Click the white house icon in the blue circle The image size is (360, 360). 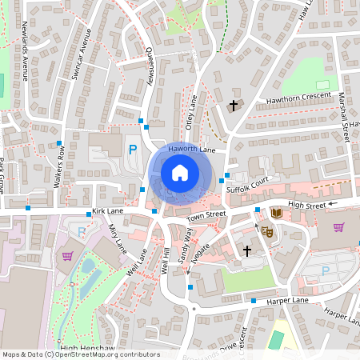click(x=180, y=173)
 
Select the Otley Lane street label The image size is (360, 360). click(x=191, y=113)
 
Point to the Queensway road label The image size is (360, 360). click(x=150, y=64)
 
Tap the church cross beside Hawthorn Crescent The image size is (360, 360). click(x=234, y=105)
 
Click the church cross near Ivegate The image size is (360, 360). click(x=247, y=251)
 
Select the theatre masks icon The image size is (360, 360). click(x=267, y=230)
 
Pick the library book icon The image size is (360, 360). click(x=276, y=213)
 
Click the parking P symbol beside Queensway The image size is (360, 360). click(x=134, y=150)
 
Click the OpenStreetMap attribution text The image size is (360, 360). click(x=81, y=354)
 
